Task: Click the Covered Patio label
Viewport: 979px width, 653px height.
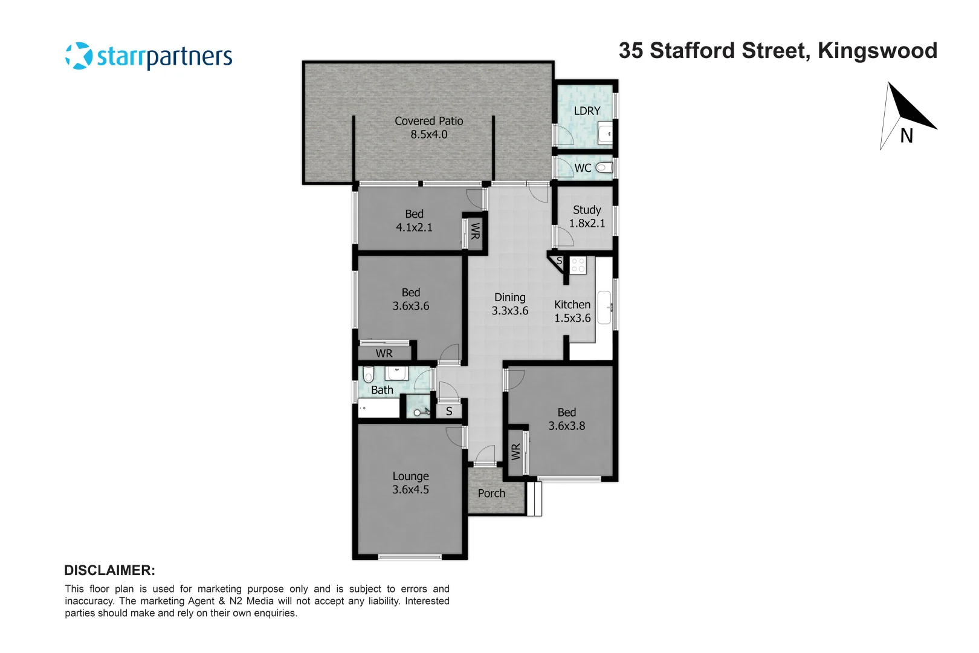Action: (x=428, y=128)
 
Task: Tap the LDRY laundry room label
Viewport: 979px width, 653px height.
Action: (x=587, y=111)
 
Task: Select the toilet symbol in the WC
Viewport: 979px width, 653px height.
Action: (x=604, y=167)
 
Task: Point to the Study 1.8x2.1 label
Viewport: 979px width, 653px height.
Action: (x=587, y=216)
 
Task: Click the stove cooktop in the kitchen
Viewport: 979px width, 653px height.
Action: (x=578, y=265)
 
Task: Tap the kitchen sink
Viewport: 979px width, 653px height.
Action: (x=604, y=307)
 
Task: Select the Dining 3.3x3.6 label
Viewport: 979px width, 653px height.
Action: (x=509, y=304)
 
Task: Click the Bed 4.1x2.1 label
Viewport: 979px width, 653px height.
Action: (x=414, y=221)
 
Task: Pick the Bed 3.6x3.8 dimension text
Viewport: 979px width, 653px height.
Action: (x=566, y=426)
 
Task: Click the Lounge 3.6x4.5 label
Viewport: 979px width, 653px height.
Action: (x=410, y=483)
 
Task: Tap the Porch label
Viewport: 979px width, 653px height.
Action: (x=491, y=493)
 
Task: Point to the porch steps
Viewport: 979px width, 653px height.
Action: (x=534, y=499)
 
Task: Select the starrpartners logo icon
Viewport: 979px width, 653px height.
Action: (x=79, y=56)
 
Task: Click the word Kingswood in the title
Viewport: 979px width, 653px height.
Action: (x=877, y=51)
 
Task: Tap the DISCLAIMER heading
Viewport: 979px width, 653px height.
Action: (x=109, y=570)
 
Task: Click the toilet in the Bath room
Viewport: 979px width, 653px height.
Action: (x=368, y=374)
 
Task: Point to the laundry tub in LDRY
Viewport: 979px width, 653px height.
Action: (x=605, y=134)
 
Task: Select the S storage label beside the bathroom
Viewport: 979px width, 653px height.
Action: (x=449, y=411)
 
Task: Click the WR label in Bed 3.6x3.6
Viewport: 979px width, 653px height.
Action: (x=384, y=353)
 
